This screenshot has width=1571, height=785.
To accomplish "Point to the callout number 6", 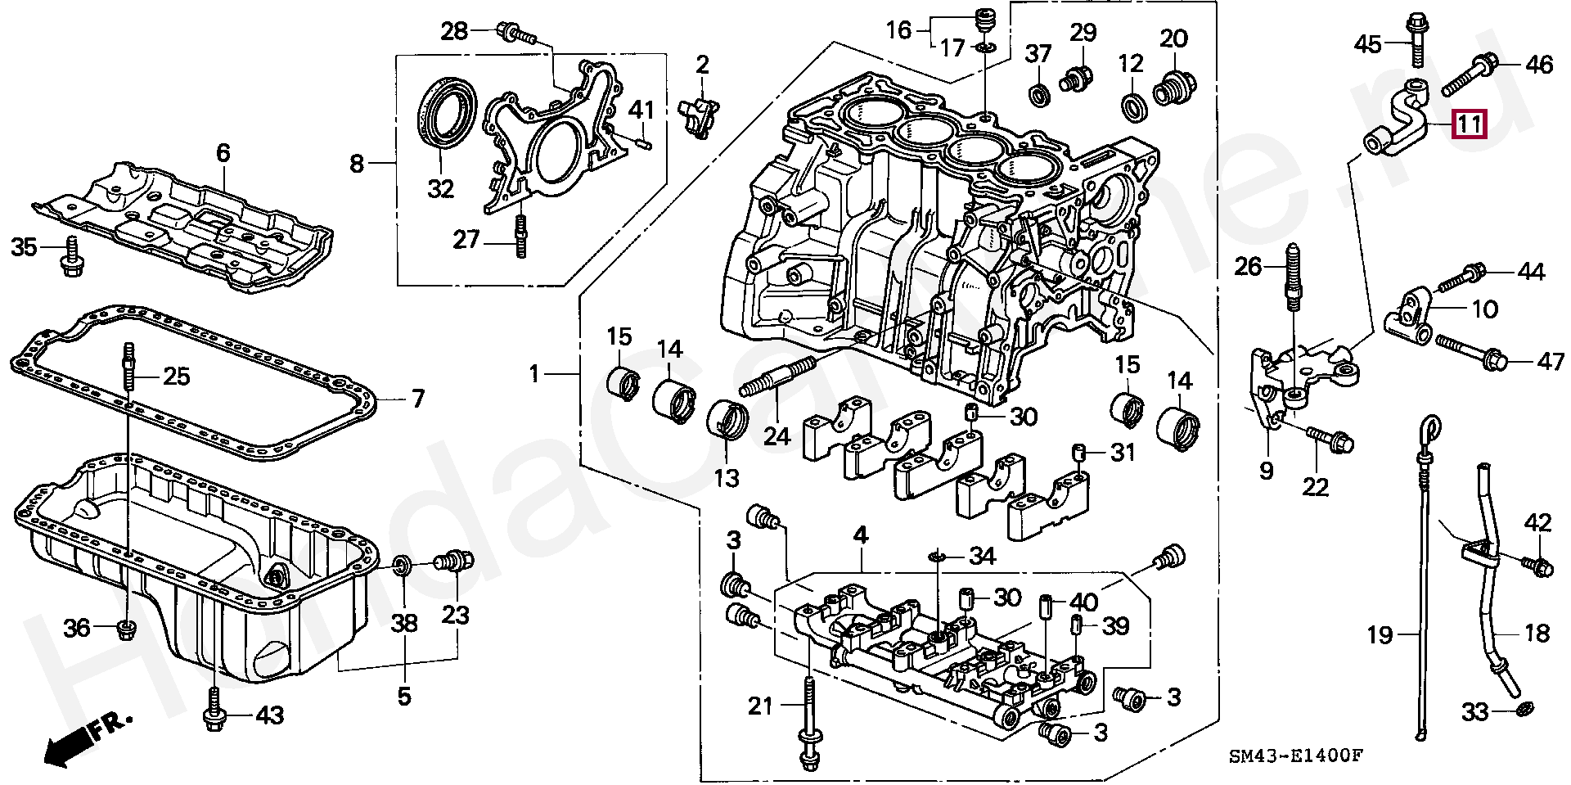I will pos(223,153).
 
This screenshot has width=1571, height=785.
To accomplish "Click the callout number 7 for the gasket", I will pos(417,399).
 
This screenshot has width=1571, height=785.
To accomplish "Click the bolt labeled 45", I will pos(1416,39).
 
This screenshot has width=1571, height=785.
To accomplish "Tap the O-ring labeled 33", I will pos(1524,707).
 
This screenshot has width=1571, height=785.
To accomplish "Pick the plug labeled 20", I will pos(1175,88).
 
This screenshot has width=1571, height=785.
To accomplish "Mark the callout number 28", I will pos(454,32).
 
